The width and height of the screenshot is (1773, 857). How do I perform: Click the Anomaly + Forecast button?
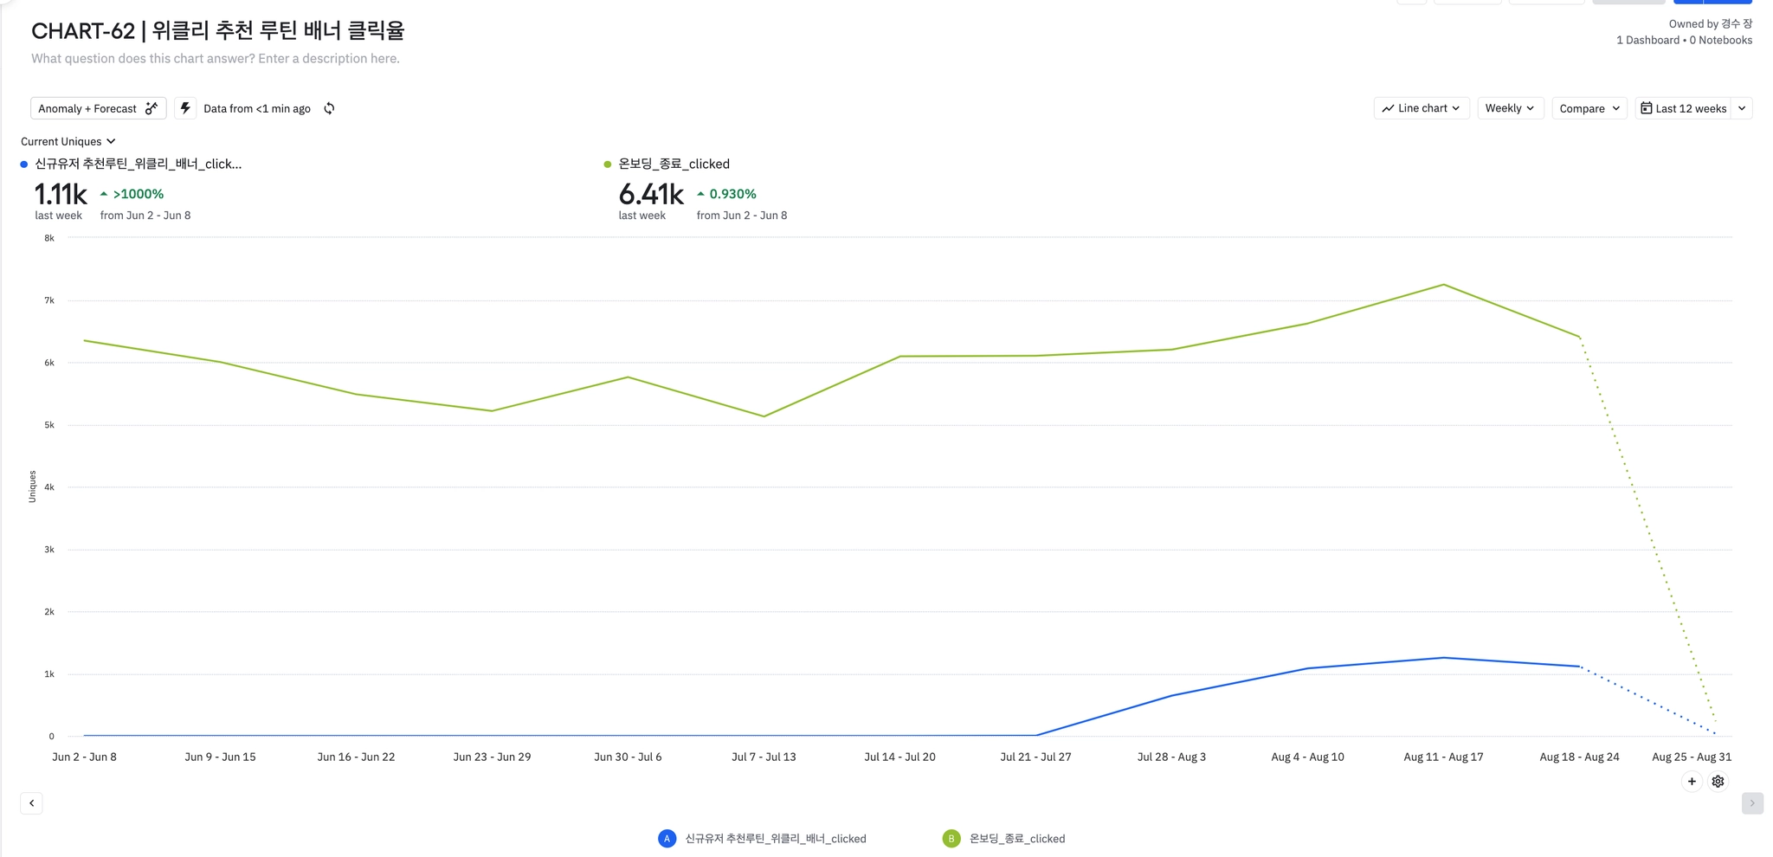(97, 108)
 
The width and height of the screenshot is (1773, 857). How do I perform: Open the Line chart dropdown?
(1421, 108)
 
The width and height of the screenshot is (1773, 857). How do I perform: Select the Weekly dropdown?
(1510, 108)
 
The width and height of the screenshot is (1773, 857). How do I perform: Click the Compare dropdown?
(1589, 108)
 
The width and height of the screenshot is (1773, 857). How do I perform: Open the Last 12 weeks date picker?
(1683, 108)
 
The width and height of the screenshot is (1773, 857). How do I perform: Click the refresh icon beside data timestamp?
(329, 108)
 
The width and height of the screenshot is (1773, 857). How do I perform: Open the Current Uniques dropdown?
(68, 141)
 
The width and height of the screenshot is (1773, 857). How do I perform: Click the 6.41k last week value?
(651, 195)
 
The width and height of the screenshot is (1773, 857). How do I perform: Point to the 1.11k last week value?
(61, 195)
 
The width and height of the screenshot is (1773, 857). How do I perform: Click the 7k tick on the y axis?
(49, 300)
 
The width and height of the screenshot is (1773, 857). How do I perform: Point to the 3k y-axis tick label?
(49, 550)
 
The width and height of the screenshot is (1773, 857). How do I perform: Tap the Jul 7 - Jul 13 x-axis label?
(764, 757)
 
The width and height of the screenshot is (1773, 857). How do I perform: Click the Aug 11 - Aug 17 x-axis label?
(1443, 757)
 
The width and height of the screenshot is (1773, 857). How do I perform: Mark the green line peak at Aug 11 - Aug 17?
(1443, 285)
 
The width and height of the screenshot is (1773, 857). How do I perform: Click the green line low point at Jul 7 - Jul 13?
(764, 416)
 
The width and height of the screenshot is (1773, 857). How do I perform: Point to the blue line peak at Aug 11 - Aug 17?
(1443, 658)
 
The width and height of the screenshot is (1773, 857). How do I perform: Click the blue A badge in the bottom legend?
(667, 838)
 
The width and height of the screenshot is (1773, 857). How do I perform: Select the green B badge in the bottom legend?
(951, 838)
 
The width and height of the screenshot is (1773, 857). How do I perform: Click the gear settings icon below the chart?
(1718, 782)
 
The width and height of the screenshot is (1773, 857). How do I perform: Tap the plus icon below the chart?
(1692, 782)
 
